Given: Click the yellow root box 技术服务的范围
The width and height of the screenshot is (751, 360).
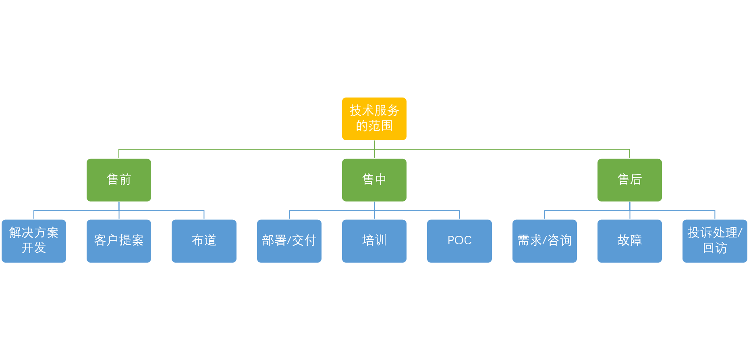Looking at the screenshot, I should (x=374, y=119).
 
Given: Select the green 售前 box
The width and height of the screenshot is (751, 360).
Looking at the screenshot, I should (x=118, y=180).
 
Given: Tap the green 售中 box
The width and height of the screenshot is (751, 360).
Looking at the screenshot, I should (x=374, y=180).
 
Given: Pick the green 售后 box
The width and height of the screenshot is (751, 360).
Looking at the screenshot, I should (x=629, y=180).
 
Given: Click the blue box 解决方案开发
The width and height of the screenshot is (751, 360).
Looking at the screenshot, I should (x=34, y=241).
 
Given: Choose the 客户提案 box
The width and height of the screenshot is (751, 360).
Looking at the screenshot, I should (x=118, y=241).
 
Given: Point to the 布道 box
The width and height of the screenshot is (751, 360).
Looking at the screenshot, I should (x=204, y=241).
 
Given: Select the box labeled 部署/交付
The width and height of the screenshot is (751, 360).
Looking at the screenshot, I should (x=289, y=241).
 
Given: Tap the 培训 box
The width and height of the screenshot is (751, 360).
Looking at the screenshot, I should (x=374, y=241).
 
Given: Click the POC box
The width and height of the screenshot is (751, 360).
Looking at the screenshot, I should (x=459, y=241).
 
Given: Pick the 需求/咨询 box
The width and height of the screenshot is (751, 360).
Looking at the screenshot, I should (x=544, y=241).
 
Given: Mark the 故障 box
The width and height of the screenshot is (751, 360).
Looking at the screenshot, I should (x=629, y=241).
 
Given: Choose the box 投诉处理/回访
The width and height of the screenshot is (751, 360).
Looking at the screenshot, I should (x=715, y=241).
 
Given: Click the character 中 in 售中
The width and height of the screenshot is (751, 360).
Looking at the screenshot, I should (x=380, y=179).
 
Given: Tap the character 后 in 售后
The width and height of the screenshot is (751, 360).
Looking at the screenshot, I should (x=636, y=179).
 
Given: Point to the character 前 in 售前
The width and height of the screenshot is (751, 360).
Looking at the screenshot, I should (x=125, y=179).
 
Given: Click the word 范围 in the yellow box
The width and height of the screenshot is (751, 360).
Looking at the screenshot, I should (x=380, y=126).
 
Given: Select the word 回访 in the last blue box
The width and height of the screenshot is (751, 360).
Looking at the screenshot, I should (x=715, y=248).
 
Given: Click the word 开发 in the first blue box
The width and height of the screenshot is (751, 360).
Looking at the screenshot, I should (x=34, y=248).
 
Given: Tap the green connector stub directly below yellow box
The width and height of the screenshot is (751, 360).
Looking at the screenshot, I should (x=374, y=145).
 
